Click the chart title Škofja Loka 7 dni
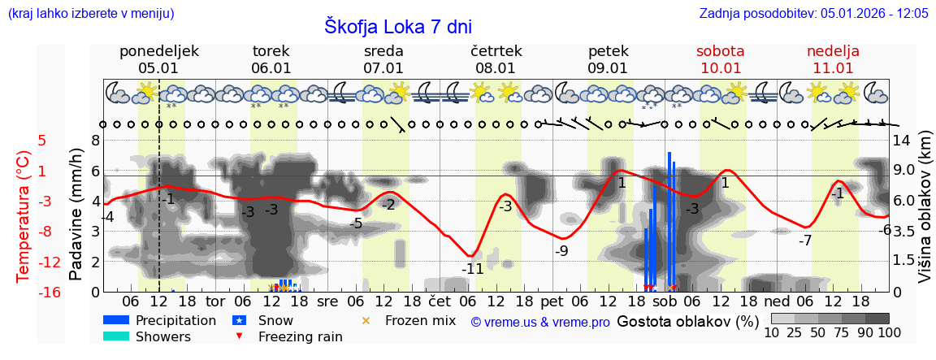(398, 26)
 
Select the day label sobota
(720, 51)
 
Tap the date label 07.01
(383, 68)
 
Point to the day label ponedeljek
(158, 51)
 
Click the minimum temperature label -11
(472, 269)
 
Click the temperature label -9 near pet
(561, 251)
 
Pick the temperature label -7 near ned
(804, 241)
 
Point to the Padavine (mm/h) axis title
(76, 215)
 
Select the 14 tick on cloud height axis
(902, 140)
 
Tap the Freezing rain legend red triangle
(238, 336)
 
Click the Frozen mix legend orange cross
(366, 320)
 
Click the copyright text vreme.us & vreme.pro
(540, 322)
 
